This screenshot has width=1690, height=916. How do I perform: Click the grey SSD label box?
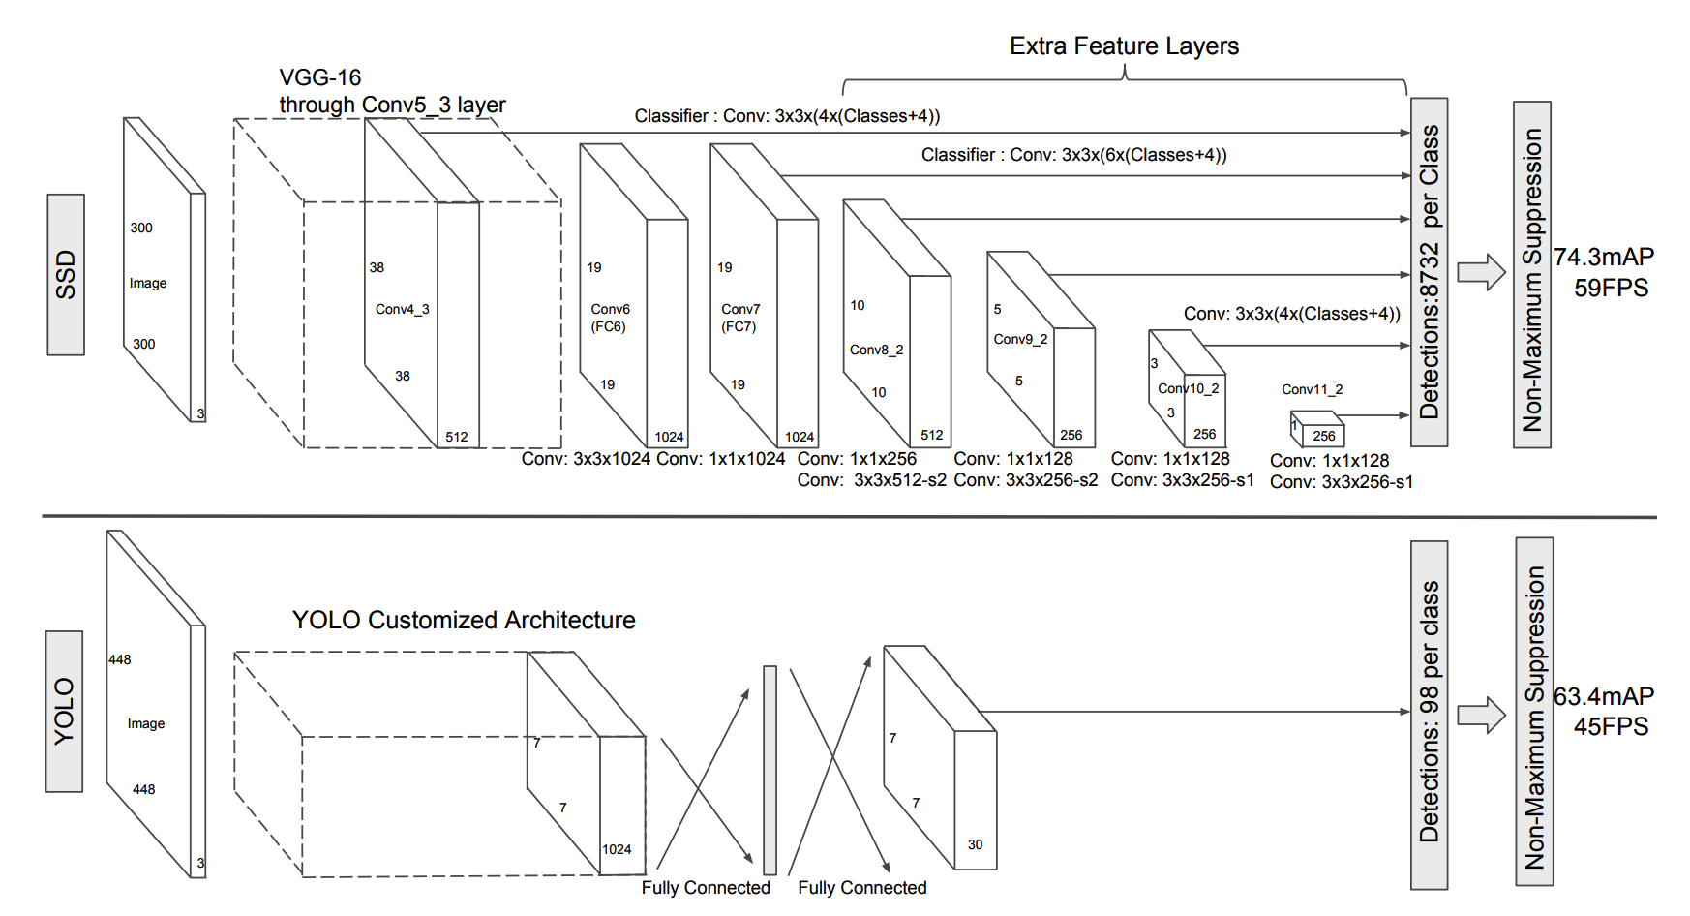coord(66,275)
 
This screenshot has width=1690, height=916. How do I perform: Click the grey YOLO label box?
coord(64,712)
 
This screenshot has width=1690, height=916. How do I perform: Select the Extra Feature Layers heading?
coord(1124,46)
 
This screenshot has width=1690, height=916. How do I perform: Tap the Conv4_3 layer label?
coord(403,309)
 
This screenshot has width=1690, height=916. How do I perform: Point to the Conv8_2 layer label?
coord(877,350)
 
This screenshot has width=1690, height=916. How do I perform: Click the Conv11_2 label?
coord(1313,389)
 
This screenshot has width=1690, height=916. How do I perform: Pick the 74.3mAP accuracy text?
coord(1604,257)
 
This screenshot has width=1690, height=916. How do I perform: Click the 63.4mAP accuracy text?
coord(1604,696)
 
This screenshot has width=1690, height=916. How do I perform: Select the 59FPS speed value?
coord(1611,288)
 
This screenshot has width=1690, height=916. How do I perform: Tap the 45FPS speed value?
coord(1611,726)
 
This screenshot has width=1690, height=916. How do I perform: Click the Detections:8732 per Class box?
coord(1430,272)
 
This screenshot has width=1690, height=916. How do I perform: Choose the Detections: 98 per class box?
coord(1430,715)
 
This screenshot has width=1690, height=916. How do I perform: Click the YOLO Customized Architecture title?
coord(464,620)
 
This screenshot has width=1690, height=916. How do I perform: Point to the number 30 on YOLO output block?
coord(975,844)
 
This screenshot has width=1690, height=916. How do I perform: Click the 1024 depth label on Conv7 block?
coord(800,437)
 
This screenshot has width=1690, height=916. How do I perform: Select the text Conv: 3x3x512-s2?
coord(872,480)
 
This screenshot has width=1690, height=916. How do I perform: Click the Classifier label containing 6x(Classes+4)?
coord(1074,155)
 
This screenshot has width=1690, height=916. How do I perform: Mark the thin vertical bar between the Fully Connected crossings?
coord(770,770)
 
